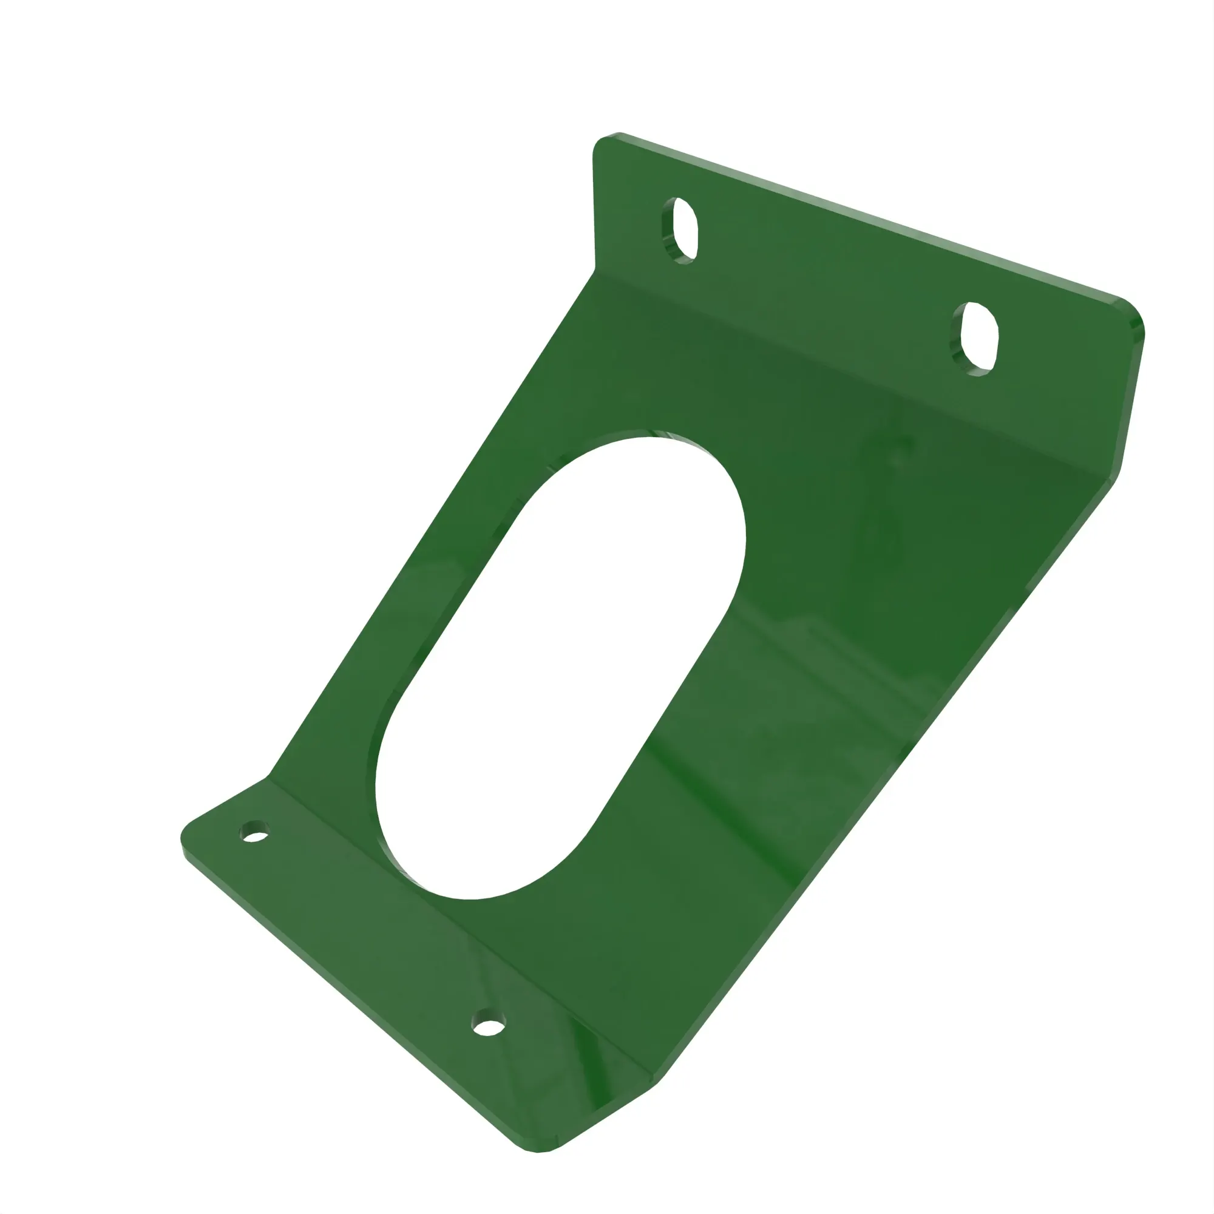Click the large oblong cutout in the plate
point(559,666)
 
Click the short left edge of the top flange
point(594,208)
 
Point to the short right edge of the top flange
point(1131,402)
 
